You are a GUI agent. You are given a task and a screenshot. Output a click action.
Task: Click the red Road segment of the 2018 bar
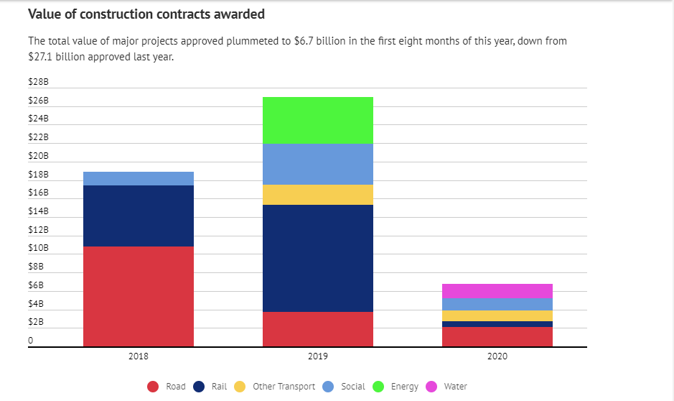[x=139, y=296]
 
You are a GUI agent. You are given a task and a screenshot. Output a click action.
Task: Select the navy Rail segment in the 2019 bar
[x=317, y=258]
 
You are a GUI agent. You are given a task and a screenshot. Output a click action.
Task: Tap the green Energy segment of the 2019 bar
[x=317, y=120]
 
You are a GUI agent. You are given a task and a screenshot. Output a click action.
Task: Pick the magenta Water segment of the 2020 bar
[x=497, y=291]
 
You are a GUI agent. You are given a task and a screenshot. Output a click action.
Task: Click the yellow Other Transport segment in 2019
[x=317, y=195]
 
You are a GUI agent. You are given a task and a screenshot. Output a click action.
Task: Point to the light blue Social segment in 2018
[x=139, y=178]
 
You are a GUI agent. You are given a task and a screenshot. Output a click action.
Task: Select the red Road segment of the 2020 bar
[x=497, y=336]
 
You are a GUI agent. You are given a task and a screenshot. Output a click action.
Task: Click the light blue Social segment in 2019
[x=317, y=164]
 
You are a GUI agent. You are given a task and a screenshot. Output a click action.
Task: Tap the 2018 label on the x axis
[x=139, y=356]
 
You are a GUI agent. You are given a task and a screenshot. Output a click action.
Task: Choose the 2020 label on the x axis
[x=497, y=356]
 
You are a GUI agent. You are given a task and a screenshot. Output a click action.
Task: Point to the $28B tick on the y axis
[x=38, y=82]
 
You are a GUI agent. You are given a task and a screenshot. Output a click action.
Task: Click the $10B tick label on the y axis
[x=38, y=248]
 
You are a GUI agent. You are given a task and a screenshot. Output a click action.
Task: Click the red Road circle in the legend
[x=153, y=387]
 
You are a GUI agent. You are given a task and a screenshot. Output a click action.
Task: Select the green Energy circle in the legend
[x=378, y=387]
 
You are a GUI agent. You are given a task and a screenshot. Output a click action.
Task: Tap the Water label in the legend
[x=455, y=387]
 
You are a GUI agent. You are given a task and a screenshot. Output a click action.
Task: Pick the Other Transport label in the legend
[x=284, y=387]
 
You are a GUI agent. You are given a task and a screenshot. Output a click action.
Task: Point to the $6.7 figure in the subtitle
[x=305, y=41]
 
